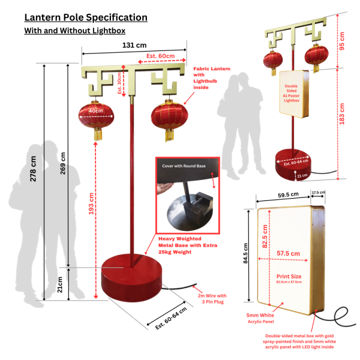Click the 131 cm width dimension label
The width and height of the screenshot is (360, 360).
[x=134, y=45]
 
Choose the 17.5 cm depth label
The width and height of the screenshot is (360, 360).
[x=318, y=193]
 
